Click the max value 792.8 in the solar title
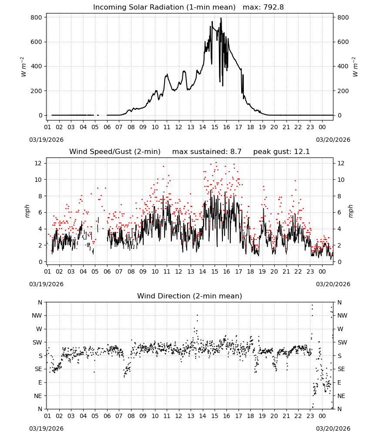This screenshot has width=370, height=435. [273, 7]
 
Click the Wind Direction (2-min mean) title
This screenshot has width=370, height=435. [190, 296]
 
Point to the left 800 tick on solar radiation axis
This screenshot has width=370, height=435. [36, 17]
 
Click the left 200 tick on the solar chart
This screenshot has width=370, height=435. [36, 91]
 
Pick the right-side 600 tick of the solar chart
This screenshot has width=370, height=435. [343, 42]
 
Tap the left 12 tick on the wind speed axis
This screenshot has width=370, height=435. [38, 164]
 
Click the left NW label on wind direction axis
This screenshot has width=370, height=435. [37, 316]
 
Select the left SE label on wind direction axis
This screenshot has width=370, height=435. [38, 369]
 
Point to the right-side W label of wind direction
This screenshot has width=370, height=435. [340, 329]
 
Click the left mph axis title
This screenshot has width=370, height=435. [27, 211]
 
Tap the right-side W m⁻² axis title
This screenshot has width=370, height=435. [355, 67]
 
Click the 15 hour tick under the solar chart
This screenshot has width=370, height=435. [215, 127]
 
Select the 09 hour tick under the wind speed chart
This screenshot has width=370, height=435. [143, 271]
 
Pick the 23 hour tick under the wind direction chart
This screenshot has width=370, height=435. [310, 416]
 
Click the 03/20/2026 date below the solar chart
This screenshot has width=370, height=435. [333, 140]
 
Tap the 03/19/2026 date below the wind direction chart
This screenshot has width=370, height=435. [46, 428]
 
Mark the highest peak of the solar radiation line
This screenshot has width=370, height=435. [221, 18]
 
